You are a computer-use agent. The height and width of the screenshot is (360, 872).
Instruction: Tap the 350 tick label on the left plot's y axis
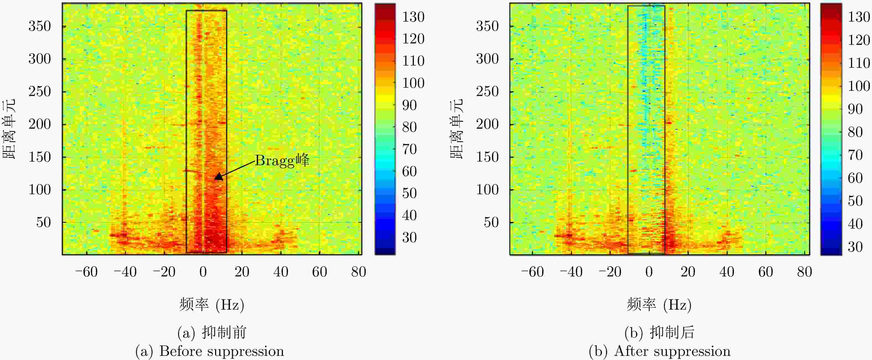pos(39,26)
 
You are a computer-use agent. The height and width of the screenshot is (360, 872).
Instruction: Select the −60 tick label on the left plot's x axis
pos(86,272)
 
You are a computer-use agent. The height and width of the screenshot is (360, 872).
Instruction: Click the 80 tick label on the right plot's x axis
pos(804,272)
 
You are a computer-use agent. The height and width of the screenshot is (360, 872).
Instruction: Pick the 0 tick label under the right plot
pos(649,272)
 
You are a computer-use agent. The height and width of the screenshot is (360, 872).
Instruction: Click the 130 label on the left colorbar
pos(413,17)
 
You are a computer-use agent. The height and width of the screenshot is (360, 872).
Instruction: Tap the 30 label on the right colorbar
pos(855,247)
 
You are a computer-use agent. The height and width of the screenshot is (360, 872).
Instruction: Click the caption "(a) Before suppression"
pos(210,351)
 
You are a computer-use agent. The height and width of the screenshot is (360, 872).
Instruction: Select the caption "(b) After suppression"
pos(659,351)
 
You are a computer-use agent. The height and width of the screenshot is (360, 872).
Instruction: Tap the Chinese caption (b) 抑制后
pos(659,333)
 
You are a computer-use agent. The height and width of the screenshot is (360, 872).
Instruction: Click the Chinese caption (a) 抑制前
pos(212,333)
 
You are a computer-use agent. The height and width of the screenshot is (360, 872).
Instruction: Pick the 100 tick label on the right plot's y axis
pos(487,190)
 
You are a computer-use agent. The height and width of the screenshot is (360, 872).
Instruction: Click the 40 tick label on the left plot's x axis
pos(281,272)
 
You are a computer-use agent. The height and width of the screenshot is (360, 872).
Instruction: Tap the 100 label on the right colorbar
pos(858,86)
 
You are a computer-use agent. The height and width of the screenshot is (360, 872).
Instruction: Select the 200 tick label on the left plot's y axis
pos(39,124)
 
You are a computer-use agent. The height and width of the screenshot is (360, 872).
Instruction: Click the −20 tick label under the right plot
pos(610,272)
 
